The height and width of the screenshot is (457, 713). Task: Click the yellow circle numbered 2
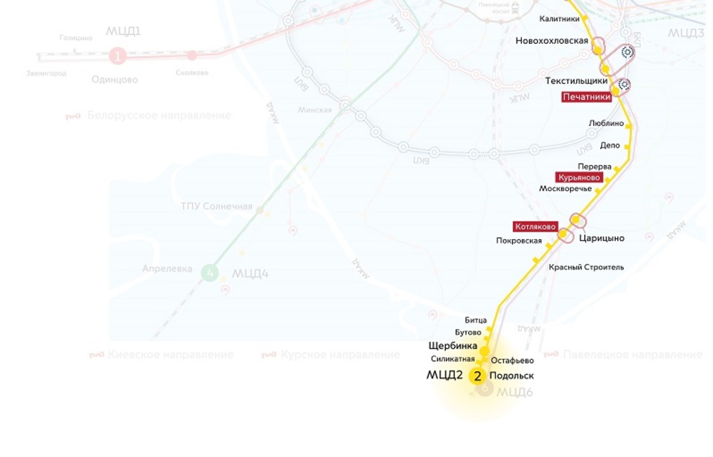pyautogui.click(x=477, y=376)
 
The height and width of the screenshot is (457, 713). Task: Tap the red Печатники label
pyautogui.click(x=586, y=97)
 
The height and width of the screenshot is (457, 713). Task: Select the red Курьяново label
pyautogui.click(x=579, y=177)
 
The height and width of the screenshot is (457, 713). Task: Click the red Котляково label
pyautogui.click(x=535, y=227)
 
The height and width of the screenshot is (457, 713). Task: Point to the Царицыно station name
pyautogui.click(x=601, y=239)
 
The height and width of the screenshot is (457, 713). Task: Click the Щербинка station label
pyautogui.click(x=452, y=346)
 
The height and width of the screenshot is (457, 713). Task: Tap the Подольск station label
pyautogui.click(x=511, y=376)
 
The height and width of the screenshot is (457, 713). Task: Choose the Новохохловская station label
pyautogui.click(x=551, y=41)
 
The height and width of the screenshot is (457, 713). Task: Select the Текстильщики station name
pyautogui.click(x=576, y=81)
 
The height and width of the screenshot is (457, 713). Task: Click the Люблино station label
pyautogui.click(x=606, y=123)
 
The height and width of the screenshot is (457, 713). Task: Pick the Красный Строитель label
pyautogui.click(x=586, y=267)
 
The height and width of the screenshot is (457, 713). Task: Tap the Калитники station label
pyautogui.click(x=559, y=19)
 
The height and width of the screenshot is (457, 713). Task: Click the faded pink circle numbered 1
pyautogui.click(x=117, y=56)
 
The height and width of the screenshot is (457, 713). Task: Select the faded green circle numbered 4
pyautogui.click(x=210, y=273)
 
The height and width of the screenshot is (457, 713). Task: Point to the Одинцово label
pyautogui.click(x=114, y=80)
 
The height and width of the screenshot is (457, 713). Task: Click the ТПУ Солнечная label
pyautogui.click(x=216, y=207)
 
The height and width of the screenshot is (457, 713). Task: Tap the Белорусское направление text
pyautogui.click(x=159, y=115)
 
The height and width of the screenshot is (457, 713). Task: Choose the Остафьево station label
pyautogui.click(x=512, y=361)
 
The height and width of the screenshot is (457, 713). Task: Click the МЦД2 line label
pyautogui.click(x=444, y=376)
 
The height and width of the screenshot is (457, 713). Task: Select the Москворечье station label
pyautogui.click(x=565, y=188)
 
